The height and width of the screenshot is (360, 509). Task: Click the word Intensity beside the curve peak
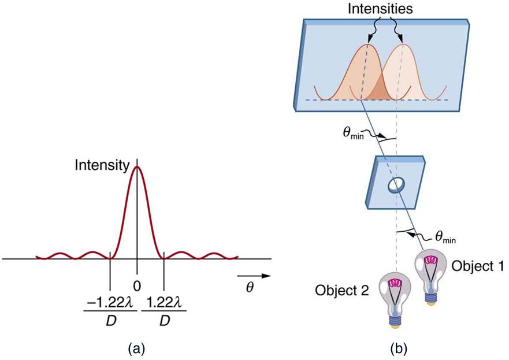point(102,166)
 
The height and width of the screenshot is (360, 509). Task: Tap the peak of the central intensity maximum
point(137,167)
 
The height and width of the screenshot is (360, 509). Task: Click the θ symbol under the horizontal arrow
point(250,287)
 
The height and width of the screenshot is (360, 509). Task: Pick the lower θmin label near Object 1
point(449,236)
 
